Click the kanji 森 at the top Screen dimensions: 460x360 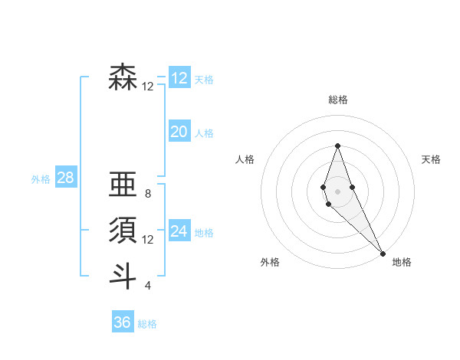pos(123,77)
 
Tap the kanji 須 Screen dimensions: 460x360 pos(123,230)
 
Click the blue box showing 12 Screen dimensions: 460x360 pos(179,77)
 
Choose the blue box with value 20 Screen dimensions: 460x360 pos(179,132)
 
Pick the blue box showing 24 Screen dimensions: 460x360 pos(179,231)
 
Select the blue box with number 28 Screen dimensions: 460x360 pos(65,178)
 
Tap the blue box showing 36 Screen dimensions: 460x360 pos(123,322)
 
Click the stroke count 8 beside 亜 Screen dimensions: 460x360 pos(148,194)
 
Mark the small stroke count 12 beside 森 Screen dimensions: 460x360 pos(148,87)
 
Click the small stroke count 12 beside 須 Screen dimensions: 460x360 pos(148,240)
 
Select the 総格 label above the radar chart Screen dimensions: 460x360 pos(337,100)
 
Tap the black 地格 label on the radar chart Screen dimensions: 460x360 pos(402,262)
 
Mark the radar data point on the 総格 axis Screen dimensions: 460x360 pos(337,146)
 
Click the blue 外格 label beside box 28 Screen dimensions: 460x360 pos(41,179)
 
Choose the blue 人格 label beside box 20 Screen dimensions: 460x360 pos(204,133)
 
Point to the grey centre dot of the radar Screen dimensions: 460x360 pos(337,191)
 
